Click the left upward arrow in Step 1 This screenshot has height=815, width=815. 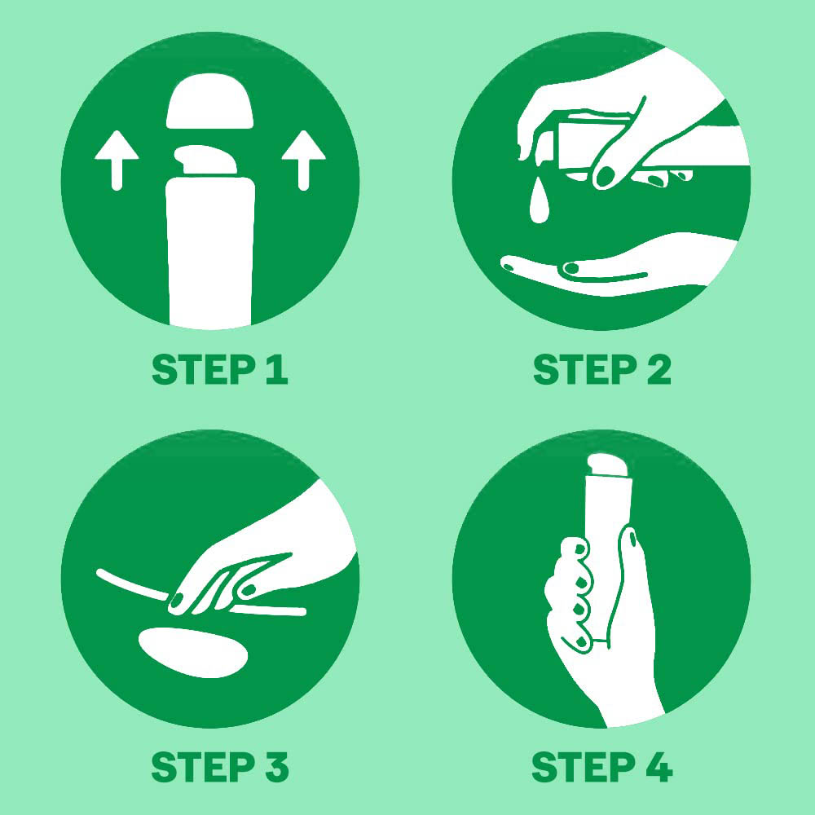click(117, 160)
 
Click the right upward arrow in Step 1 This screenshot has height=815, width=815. click(303, 160)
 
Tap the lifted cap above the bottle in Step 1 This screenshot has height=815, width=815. click(210, 101)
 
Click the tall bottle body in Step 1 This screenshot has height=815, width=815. click(210, 252)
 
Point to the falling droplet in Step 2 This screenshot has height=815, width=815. click(539, 201)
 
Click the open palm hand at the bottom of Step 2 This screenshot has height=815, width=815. click(619, 265)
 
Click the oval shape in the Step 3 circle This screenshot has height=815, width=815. click(193, 652)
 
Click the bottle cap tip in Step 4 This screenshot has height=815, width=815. click(608, 465)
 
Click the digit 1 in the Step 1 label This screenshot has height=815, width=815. click(277, 369)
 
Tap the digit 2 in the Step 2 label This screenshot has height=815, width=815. click(659, 369)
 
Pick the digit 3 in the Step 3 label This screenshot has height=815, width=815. click(276, 767)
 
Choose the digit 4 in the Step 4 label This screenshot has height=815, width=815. click(659, 767)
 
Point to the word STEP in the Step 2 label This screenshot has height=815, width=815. click(585, 369)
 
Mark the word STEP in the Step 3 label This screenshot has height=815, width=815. click(203, 767)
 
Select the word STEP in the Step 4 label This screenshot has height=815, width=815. click(584, 767)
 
